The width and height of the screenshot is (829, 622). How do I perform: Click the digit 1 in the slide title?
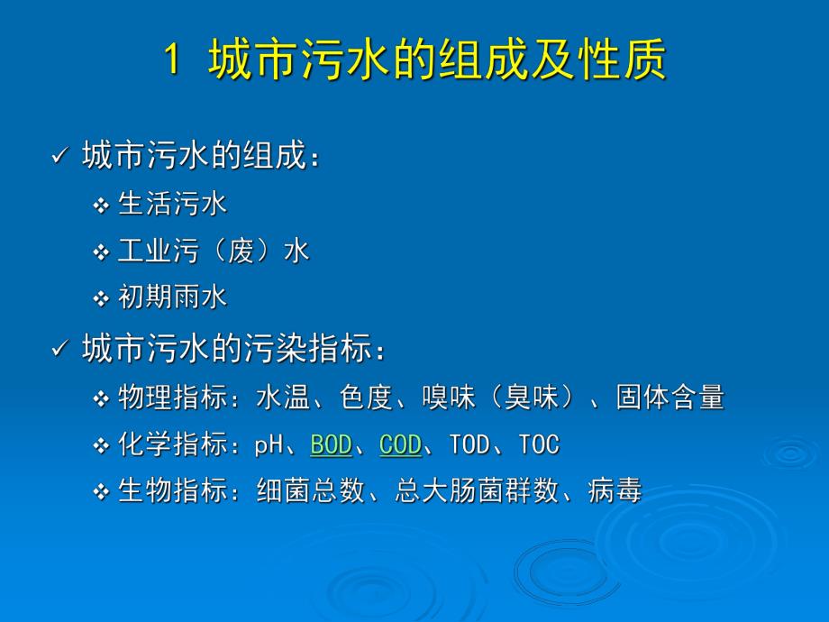(x=173, y=62)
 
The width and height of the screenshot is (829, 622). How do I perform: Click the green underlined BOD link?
(x=331, y=444)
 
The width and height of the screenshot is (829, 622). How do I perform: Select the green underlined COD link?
(x=401, y=444)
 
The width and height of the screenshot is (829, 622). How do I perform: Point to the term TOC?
(x=539, y=444)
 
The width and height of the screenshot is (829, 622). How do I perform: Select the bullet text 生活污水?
(x=173, y=204)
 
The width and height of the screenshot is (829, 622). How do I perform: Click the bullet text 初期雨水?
(x=173, y=297)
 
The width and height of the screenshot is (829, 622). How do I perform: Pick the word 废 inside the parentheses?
(x=241, y=251)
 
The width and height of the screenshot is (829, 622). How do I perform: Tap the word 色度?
(x=367, y=398)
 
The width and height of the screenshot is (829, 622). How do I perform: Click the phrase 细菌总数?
(x=310, y=491)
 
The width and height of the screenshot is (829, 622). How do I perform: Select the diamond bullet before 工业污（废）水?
(x=101, y=252)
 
